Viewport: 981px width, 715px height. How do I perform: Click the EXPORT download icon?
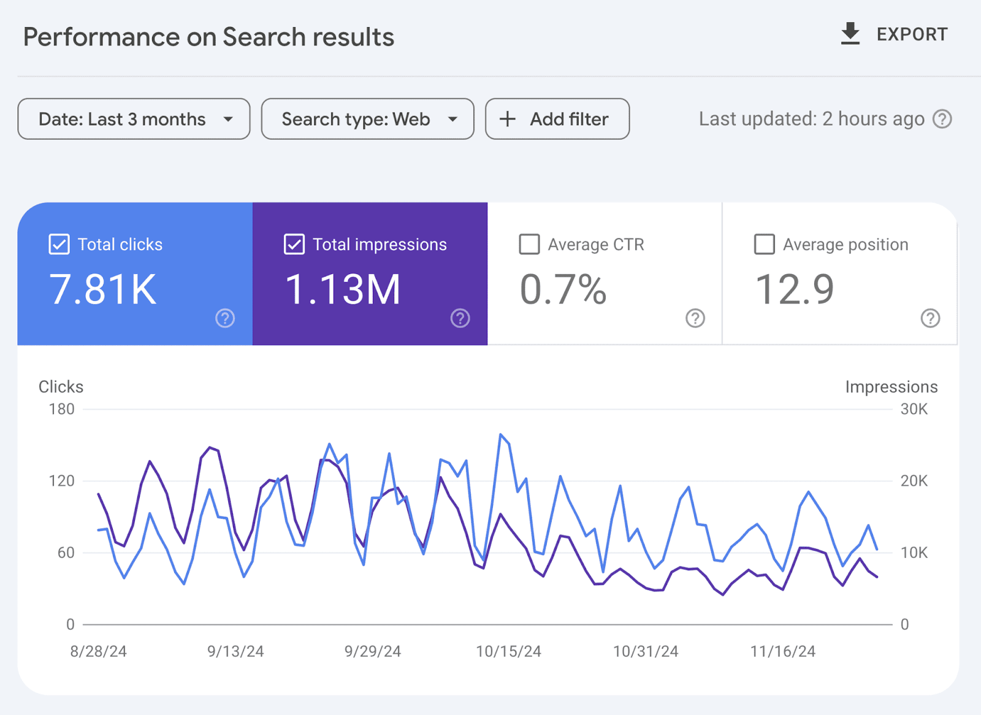tap(850, 34)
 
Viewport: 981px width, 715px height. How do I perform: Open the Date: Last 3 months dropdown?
tap(134, 119)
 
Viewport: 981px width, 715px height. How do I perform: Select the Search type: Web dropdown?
tap(367, 119)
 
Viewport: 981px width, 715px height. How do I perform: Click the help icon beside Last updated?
tap(942, 119)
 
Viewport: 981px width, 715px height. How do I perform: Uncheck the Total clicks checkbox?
tap(59, 244)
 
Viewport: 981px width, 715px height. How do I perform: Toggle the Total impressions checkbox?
tap(294, 244)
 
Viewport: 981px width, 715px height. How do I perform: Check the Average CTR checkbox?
tap(529, 244)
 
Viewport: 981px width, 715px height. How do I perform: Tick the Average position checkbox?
tap(764, 244)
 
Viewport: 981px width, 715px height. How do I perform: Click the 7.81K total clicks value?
tap(103, 289)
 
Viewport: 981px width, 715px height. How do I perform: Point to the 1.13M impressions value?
tap(343, 289)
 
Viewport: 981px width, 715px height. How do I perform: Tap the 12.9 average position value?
tap(795, 289)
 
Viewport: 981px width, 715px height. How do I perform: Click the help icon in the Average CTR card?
tap(695, 318)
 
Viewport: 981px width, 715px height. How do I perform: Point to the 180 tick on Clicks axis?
tap(61, 409)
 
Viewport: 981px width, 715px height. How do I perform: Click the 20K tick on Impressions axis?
tap(914, 481)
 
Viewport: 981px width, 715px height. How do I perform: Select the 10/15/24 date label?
tap(508, 651)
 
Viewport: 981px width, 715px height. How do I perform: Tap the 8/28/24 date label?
tap(98, 651)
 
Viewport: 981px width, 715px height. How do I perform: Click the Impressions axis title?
tap(891, 387)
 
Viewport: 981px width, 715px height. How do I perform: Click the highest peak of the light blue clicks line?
tap(501, 435)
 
